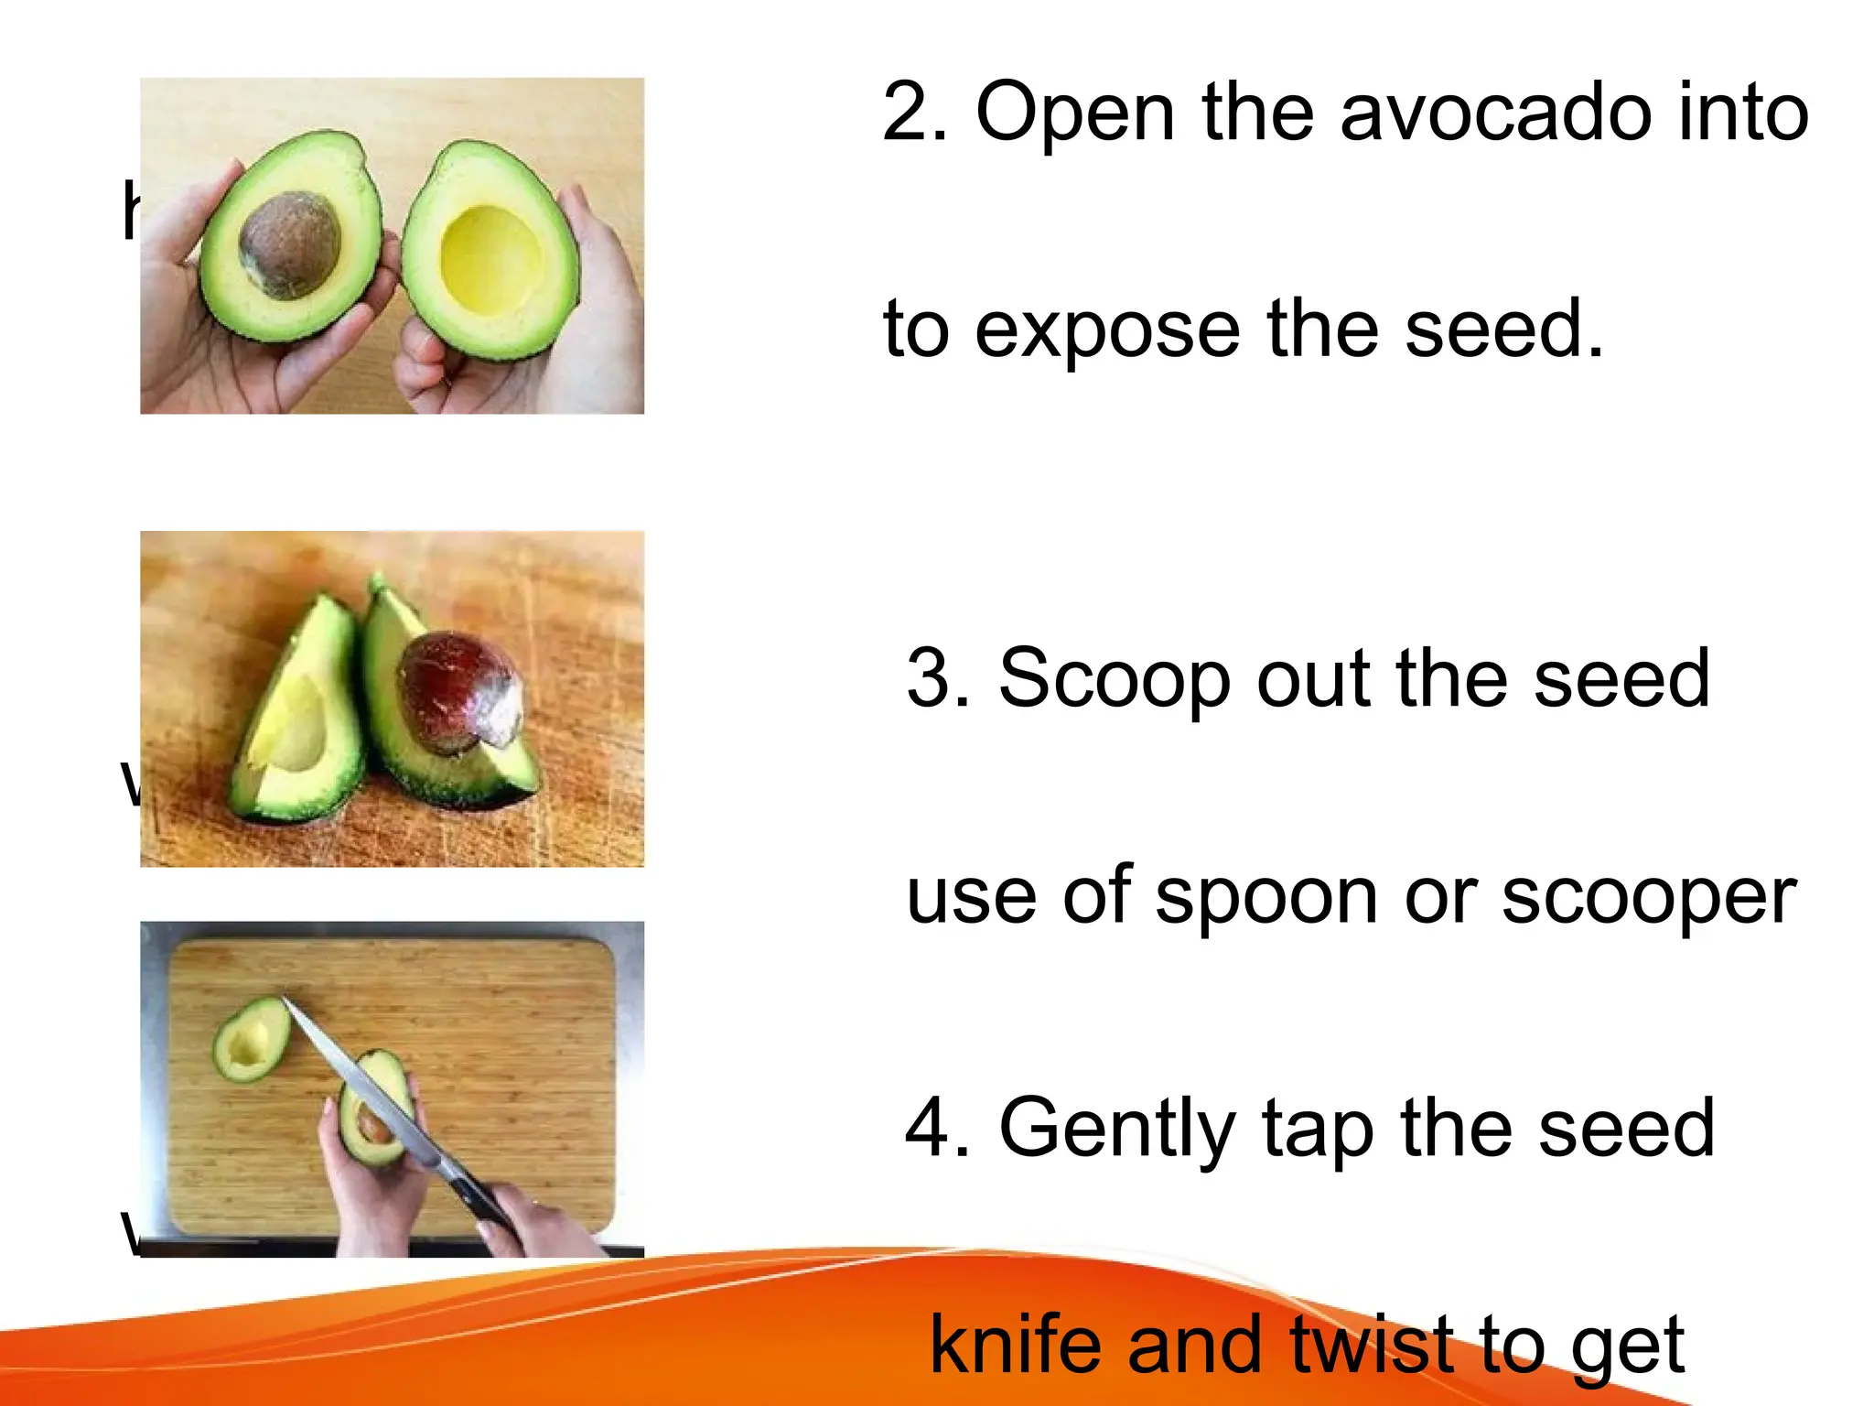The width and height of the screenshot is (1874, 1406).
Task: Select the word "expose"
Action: pos(1107,330)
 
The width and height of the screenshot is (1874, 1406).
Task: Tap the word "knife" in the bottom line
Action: pos(1018,1346)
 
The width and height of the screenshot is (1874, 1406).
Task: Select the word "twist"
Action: pos(1373,1346)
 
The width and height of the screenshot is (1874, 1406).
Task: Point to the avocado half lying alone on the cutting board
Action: pos(251,1040)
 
